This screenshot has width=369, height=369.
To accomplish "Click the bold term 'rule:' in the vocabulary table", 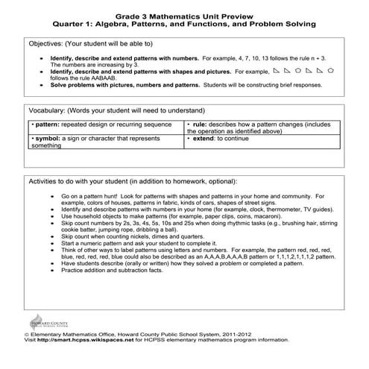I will (200, 124).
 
